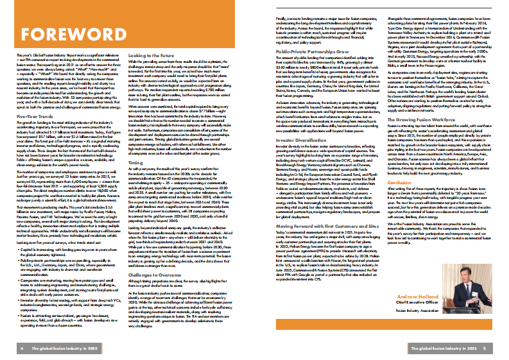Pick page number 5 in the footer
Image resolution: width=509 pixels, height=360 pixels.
click(485, 348)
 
